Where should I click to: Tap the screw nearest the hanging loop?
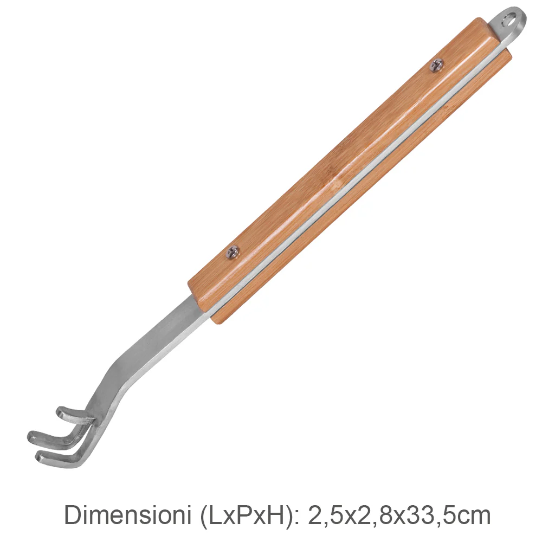(437, 65)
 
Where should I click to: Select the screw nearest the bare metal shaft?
(233, 251)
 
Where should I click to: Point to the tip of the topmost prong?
(60, 412)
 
